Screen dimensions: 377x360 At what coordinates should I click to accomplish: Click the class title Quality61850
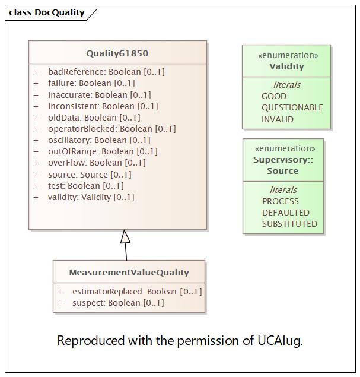[117, 53]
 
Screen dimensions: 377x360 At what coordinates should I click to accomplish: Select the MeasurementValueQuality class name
[129, 273]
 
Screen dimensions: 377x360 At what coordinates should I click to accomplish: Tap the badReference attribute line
[106, 72]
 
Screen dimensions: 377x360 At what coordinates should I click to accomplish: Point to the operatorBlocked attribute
[111, 129]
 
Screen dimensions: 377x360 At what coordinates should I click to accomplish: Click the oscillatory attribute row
[99, 140]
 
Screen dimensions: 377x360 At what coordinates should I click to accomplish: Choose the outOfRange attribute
[103, 151]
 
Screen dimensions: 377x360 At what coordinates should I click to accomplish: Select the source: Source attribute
[90, 175]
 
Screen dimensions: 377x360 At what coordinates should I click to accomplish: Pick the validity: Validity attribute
[91, 197]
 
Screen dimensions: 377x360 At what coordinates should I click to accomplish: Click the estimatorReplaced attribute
[136, 292]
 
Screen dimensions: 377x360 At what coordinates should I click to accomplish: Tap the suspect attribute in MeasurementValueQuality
[117, 303]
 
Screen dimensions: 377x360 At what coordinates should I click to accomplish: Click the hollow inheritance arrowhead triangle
[125, 237]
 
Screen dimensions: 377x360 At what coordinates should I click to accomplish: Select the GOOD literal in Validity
[274, 96]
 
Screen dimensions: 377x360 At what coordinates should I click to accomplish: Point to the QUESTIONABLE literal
[292, 107]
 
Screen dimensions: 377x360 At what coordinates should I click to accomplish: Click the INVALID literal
[278, 119]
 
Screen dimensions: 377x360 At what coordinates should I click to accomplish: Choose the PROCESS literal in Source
[281, 201]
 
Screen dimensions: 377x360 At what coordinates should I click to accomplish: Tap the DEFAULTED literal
[286, 213]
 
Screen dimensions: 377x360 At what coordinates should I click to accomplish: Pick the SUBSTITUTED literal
[289, 224]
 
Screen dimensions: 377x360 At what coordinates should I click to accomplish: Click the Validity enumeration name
[286, 66]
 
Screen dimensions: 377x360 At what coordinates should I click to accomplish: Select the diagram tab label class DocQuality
[47, 12]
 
